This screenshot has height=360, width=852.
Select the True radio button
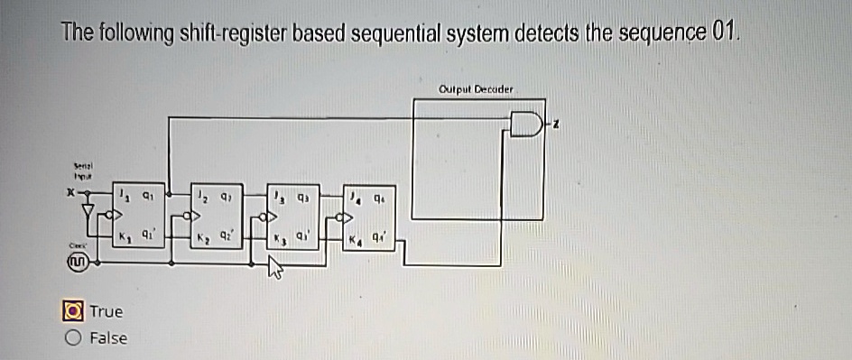coord(71,311)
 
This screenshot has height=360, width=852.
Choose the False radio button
coord(71,338)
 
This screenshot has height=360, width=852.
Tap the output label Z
coord(556,125)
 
